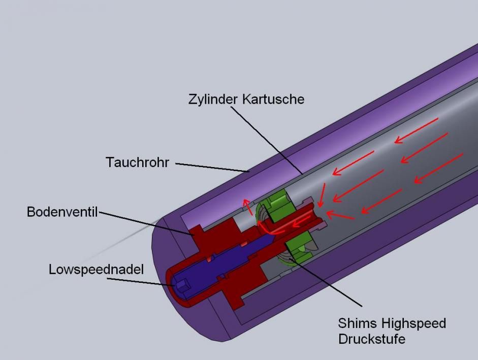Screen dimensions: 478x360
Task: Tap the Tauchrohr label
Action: click(x=137, y=162)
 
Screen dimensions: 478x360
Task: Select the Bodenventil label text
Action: click(x=62, y=212)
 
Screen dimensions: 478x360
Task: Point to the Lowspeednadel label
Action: click(x=96, y=270)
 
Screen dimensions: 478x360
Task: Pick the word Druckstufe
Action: click(x=372, y=339)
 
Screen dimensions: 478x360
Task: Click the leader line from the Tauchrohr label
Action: click(x=212, y=168)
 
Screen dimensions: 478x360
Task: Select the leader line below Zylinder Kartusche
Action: click(x=267, y=140)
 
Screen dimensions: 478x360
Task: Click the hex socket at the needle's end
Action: click(x=182, y=287)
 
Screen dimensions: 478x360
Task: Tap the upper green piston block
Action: click(x=277, y=204)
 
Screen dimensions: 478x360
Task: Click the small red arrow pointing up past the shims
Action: click(x=247, y=207)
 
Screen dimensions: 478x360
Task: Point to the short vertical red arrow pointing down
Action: click(x=322, y=195)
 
